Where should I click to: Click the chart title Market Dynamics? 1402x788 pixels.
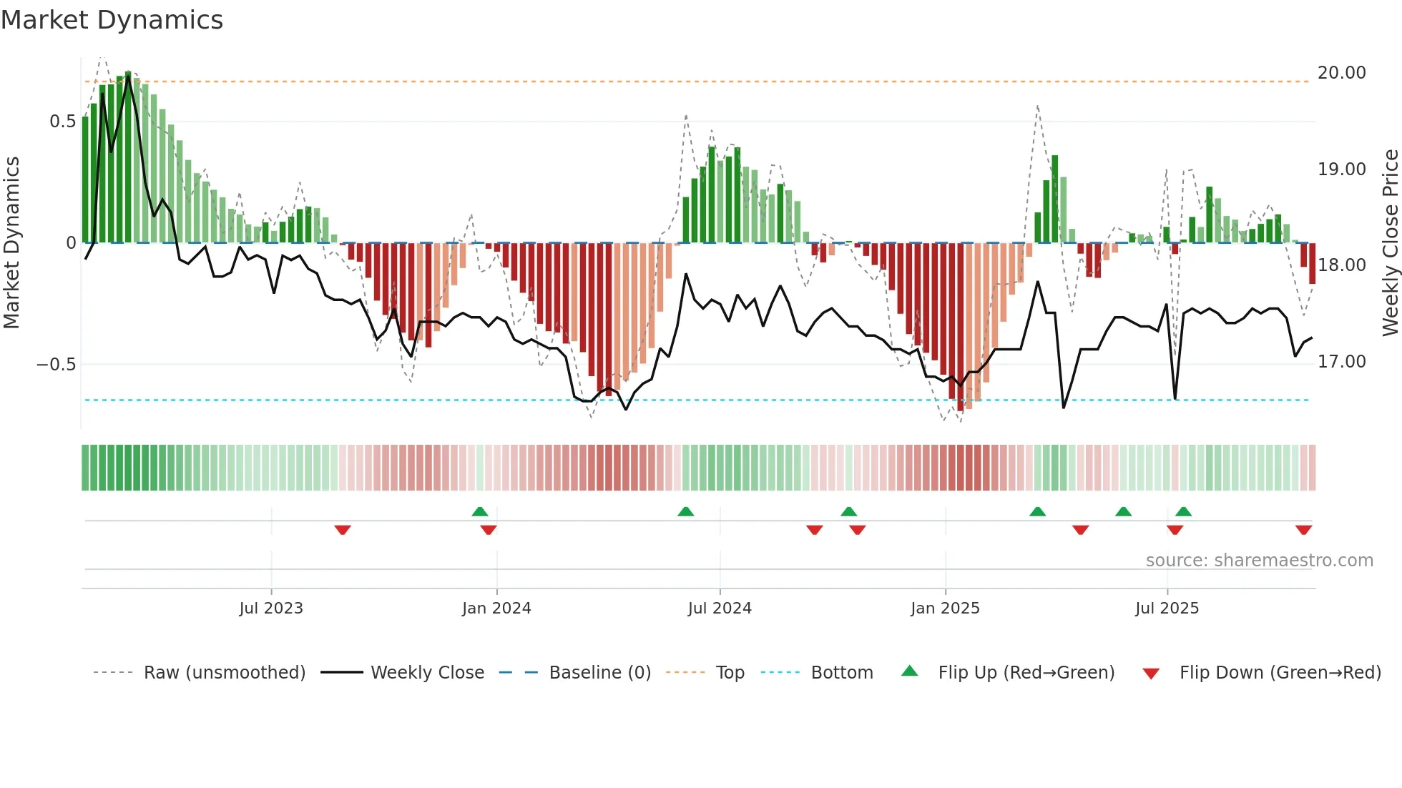(x=112, y=20)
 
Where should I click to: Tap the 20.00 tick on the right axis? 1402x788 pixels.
(x=1341, y=73)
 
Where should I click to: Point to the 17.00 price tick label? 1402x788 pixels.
(x=1341, y=362)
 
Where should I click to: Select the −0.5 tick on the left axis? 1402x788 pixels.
(x=56, y=365)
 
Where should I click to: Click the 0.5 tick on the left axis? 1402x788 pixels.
(x=62, y=122)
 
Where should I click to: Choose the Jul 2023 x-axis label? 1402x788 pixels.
(x=271, y=609)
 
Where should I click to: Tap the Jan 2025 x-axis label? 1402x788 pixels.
(x=945, y=609)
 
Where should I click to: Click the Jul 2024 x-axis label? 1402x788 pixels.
(x=720, y=609)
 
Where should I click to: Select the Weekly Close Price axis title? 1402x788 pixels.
(x=1390, y=243)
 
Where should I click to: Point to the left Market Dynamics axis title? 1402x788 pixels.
(x=11, y=243)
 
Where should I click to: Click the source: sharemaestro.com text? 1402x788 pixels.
(x=1259, y=561)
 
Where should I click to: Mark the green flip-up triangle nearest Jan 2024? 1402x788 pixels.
(x=480, y=511)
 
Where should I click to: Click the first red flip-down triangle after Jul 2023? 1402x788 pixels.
(x=343, y=530)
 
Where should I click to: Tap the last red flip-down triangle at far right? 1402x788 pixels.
(x=1303, y=530)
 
